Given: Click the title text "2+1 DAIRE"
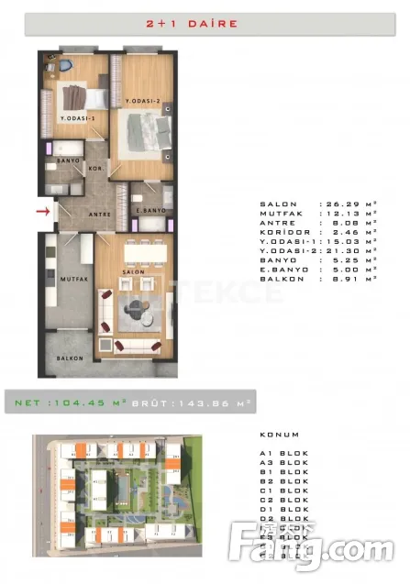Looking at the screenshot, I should [205, 24].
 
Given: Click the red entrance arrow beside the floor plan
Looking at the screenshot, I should [42, 213].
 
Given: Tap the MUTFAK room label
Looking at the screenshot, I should [72, 277].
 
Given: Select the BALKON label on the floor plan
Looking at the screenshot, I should [70, 358].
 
